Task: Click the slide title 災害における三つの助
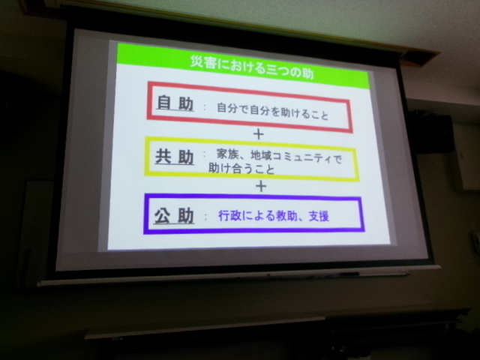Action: pyautogui.click(x=252, y=67)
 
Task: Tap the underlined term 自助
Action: pyautogui.click(x=175, y=103)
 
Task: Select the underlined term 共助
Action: pyautogui.click(x=175, y=157)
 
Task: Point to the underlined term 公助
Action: pyautogui.click(x=174, y=215)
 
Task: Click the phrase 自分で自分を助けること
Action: pyautogui.click(x=273, y=112)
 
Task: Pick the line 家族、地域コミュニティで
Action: pyautogui.click(x=279, y=157)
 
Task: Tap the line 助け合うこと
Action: pyautogui.click(x=241, y=168)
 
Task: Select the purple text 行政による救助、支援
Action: pyautogui.click(x=273, y=216)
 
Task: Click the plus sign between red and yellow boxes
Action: pyautogui.click(x=259, y=134)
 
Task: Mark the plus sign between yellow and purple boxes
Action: pyautogui.click(x=261, y=186)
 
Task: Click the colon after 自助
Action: pyautogui.click(x=205, y=107)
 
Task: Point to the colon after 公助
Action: pyautogui.click(x=206, y=217)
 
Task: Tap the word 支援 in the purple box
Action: pyautogui.click(x=319, y=217)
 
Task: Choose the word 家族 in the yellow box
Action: pyautogui.click(x=227, y=154)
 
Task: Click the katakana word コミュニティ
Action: pyautogui.click(x=302, y=158)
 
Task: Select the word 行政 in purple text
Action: pyautogui.click(x=229, y=216)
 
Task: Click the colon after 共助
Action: pyautogui.click(x=205, y=155)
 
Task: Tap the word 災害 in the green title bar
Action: pyautogui.click(x=201, y=62)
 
